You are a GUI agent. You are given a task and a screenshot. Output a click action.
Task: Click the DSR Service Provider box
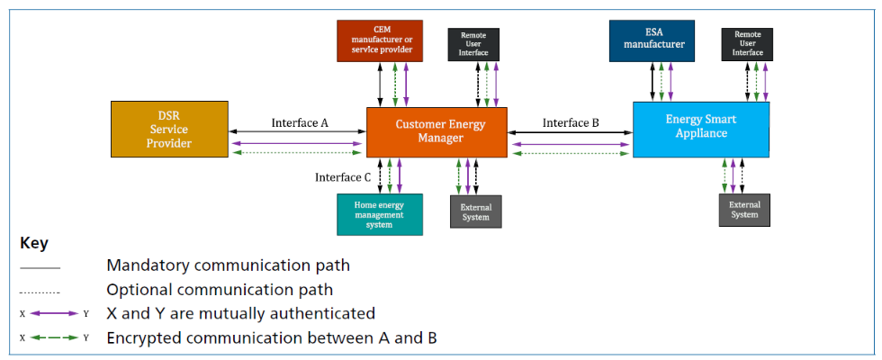pos(169,129)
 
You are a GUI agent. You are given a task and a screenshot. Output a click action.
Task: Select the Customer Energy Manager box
pos(436,132)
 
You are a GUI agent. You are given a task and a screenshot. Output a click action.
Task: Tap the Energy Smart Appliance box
pos(701,130)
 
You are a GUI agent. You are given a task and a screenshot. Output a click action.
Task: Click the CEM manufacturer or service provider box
pos(380,40)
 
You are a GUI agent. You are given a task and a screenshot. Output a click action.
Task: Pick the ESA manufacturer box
pos(652,41)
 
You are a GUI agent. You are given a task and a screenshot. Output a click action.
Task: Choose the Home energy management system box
pos(380,214)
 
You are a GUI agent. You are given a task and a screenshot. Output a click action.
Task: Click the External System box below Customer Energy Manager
pos(475,211)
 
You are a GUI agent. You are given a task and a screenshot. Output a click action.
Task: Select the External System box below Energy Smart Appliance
pos(744,211)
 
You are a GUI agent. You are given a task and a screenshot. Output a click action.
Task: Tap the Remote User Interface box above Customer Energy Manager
pos(473,44)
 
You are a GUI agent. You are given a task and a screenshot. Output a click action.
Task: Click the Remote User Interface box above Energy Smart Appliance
pos(747,44)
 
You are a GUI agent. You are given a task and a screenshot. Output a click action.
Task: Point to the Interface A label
pos(300,122)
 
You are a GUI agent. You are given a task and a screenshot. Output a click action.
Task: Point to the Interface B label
pos(571,122)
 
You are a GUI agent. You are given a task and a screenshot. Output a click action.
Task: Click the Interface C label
pos(343,178)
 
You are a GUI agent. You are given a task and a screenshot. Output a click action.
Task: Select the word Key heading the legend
pos(34,244)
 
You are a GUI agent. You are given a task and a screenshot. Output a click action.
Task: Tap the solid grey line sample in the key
pos(40,268)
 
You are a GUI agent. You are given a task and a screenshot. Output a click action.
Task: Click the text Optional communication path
pos(220,290)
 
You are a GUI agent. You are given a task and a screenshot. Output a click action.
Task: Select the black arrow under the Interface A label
pos(298,132)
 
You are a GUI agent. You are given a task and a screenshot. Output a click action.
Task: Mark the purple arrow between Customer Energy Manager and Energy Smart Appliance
pos(570,145)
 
